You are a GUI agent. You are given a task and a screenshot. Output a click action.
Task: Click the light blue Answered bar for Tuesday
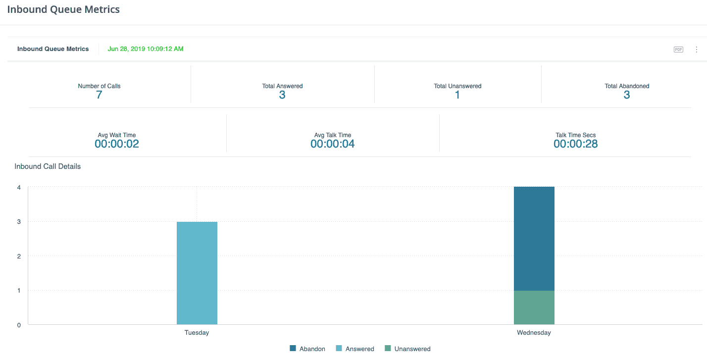point(197,273)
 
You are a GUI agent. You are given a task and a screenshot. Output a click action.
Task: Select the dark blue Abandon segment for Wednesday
point(534,238)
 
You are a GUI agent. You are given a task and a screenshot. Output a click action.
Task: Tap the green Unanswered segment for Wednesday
point(534,308)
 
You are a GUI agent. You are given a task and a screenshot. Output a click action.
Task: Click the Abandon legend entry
point(307,349)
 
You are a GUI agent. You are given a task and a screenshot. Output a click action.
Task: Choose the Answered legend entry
point(355,349)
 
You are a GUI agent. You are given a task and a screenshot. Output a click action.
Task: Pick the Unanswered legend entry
point(407,349)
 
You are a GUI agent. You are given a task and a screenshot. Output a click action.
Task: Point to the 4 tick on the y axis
point(19,187)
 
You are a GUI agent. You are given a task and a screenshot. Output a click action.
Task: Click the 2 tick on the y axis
point(19,256)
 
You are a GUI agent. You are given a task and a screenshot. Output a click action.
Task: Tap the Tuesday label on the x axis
point(197,333)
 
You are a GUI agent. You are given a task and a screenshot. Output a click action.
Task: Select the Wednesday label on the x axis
point(534,333)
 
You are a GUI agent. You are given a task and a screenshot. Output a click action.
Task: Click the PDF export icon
point(678,50)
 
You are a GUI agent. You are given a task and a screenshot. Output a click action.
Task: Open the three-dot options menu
point(697,50)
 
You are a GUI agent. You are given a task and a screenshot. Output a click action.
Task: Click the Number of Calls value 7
point(99,95)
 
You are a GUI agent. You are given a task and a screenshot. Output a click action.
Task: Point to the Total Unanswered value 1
point(457,95)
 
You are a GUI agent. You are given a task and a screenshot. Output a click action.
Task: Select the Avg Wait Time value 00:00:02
point(117,144)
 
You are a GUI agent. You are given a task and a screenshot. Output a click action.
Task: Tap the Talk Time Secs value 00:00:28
point(575,144)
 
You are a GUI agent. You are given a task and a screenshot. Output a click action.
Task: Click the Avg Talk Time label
point(333,135)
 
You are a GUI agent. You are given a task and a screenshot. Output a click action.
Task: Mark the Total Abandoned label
point(627,86)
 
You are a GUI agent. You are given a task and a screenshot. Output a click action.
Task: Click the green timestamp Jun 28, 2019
point(146,49)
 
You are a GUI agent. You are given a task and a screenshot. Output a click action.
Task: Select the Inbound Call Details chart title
point(48,166)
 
